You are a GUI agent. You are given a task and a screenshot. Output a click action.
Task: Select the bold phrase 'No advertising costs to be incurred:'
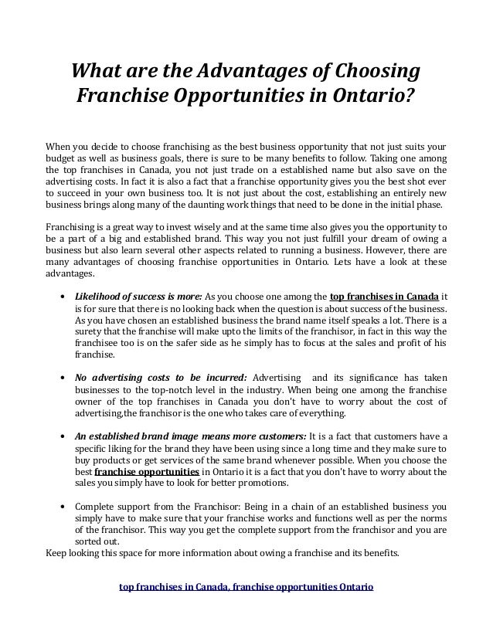tap(161, 378)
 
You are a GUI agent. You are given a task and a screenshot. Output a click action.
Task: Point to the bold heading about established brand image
tap(190, 435)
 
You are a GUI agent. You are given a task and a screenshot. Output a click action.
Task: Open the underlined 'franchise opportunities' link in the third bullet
tap(146, 472)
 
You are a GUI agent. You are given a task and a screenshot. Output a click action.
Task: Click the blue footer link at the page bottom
tap(246, 587)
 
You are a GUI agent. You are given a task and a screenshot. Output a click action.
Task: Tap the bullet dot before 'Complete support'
tap(61, 508)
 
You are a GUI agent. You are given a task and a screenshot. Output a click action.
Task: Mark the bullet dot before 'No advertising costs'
tap(61, 378)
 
